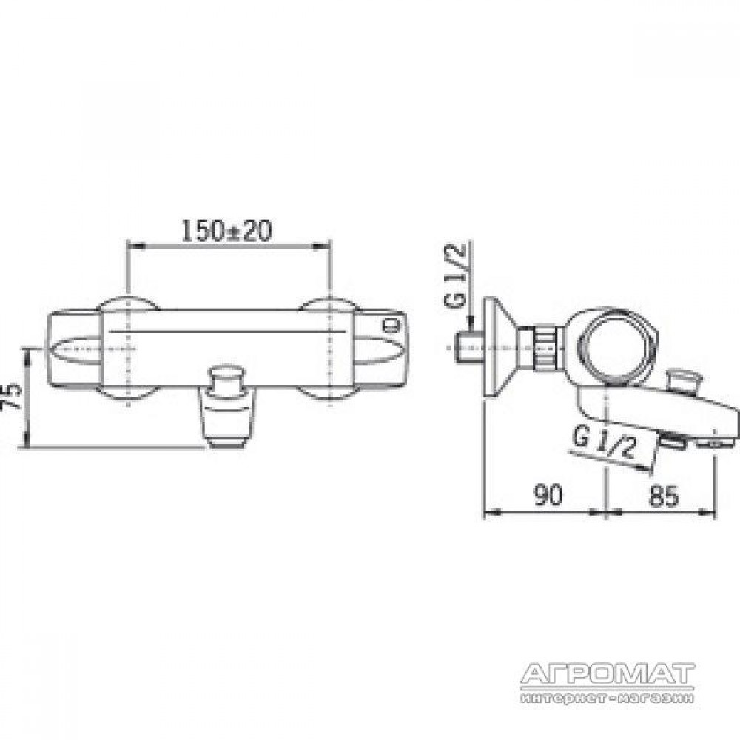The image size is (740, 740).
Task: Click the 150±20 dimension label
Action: (x=227, y=231)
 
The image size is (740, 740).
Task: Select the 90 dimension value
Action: (x=548, y=495)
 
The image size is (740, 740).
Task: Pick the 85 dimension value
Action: (x=664, y=496)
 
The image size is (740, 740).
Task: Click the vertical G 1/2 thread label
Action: (x=455, y=275)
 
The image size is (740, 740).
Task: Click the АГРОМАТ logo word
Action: (x=608, y=674)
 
